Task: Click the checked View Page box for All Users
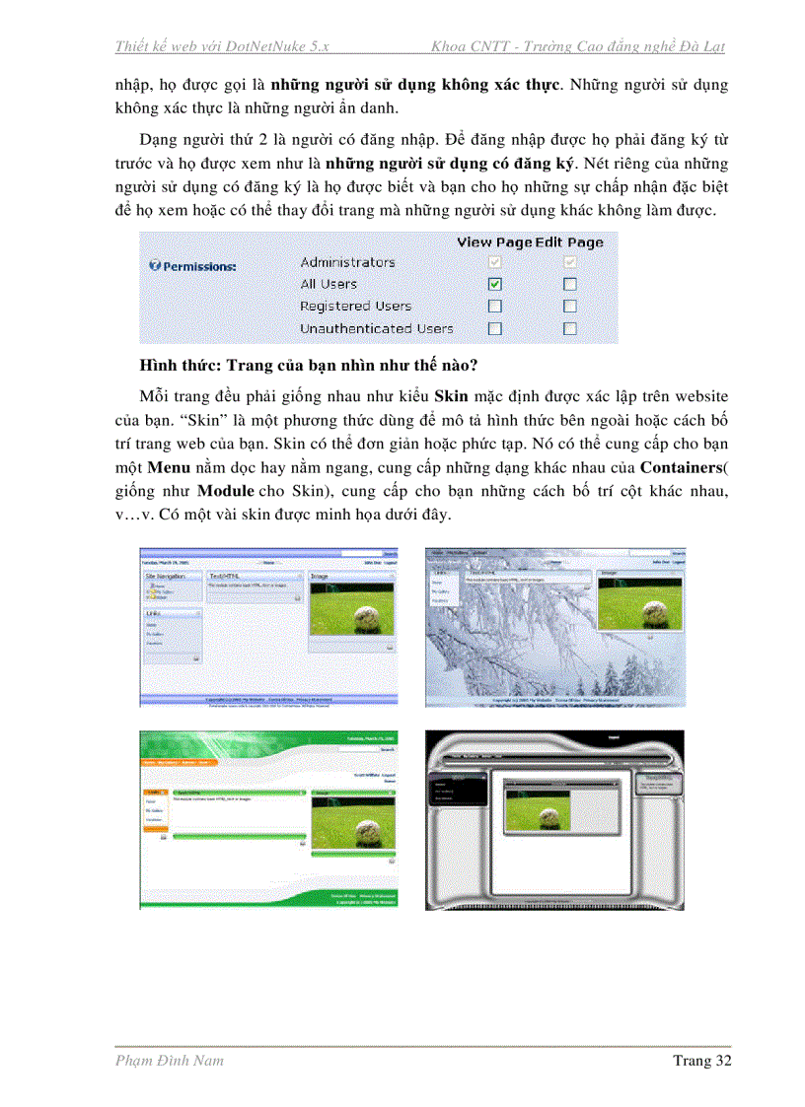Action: point(495,284)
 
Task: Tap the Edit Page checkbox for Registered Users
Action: point(569,307)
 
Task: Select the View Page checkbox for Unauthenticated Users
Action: point(495,329)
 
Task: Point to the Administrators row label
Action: point(347,262)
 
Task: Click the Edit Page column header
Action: point(569,242)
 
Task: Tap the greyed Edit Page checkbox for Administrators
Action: point(569,262)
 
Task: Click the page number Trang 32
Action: point(701,1061)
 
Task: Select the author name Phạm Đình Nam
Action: point(169,1061)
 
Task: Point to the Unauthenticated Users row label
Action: point(376,329)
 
